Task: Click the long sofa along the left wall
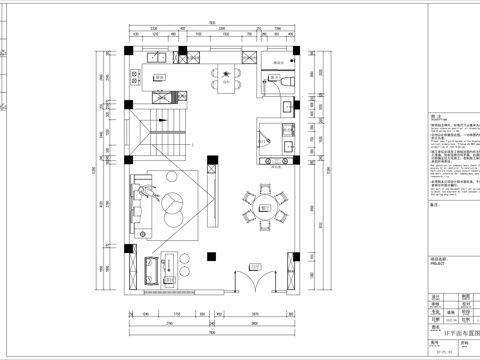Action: pyautogui.click(x=136, y=204)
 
